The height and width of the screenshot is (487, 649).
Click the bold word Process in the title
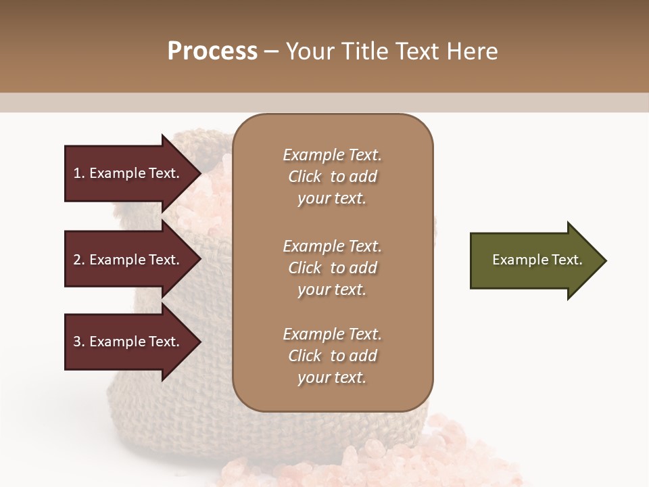click(212, 51)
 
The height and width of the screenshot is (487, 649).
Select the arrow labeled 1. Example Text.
click(128, 173)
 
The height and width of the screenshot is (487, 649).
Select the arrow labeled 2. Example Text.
click(128, 260)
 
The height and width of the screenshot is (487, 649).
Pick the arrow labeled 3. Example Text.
click(128, 342)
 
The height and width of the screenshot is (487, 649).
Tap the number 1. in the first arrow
click(79, 173)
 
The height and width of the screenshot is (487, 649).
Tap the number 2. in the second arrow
click(79, 260)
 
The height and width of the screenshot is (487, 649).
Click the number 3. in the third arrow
click(79, 342)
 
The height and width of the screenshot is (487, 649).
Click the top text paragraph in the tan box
click(332, 177)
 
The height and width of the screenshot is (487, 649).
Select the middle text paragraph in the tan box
click(332, 268)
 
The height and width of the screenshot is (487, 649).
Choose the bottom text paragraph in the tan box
click(332, 356)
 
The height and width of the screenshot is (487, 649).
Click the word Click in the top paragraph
click(304, 177)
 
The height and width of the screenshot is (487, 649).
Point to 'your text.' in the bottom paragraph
click(332, 378)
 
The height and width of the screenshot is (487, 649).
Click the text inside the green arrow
click(537, 260)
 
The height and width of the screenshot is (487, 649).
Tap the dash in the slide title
click(272, 52)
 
